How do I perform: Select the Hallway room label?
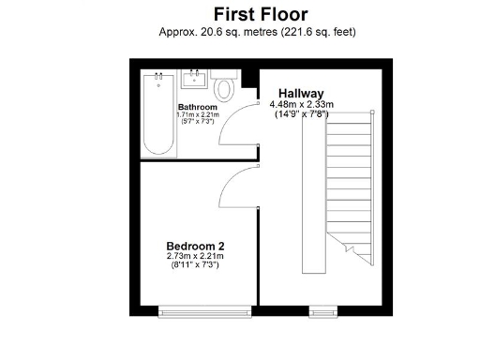299,94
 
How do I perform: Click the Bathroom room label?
198,107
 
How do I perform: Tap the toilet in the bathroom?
223,90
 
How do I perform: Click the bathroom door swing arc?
233,127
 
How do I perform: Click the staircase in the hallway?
349,187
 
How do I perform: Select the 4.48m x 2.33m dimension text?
301,104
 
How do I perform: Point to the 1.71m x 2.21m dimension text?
198,115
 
